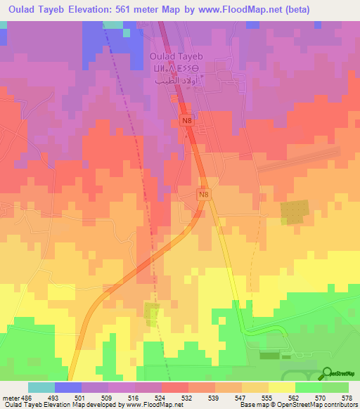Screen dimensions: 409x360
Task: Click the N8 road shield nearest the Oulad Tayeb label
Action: point(187,122)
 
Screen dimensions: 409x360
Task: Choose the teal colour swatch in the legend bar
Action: point(41,387)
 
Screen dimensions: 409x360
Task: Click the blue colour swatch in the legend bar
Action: point(68,387)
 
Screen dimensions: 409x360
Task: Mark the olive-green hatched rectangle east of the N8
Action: point(295,212)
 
